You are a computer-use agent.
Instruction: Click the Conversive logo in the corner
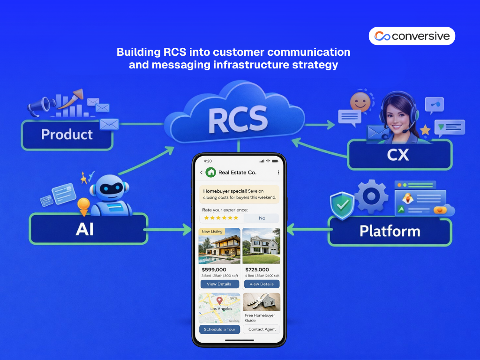click(x=412, y=36)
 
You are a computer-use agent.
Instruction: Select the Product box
click(x=67, y=135)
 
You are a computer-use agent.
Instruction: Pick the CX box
click(x=399, y=155)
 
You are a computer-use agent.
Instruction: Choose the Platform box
click(x=390, y=231)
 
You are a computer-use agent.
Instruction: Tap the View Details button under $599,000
click(x=219, y=284)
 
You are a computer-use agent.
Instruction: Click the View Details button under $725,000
click(x=262, y=284)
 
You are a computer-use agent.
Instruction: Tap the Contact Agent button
click(x=262, y=329)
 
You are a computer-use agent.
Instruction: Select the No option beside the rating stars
click(x=262, y=218)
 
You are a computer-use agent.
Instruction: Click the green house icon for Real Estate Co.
click(x=210, y=172)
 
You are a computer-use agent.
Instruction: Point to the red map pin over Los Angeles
click(x=219, y=300)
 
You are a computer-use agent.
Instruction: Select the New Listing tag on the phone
click(x=212, y=232)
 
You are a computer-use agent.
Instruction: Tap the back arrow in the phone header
click(x=201, y=172)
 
